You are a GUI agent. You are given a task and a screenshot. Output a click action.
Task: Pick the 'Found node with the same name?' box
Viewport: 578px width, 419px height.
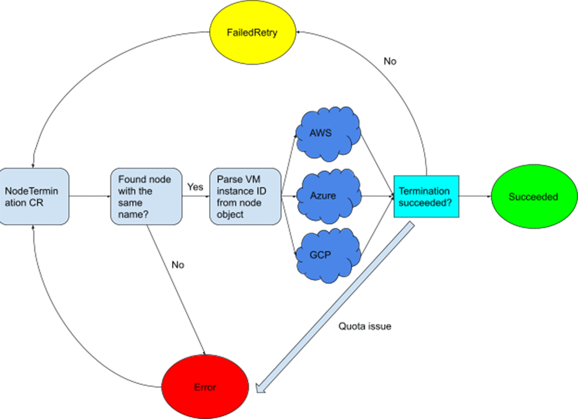pos(146,196)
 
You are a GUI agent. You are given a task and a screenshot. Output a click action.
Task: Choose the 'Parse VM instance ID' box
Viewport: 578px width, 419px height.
pos(245,196)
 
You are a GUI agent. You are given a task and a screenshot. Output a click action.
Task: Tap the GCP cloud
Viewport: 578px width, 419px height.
pos(328,255)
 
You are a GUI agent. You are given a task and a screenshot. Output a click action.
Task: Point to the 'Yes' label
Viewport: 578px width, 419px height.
pos(195,187)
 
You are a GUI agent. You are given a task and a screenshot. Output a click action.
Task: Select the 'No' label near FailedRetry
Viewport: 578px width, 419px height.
pos(390,62)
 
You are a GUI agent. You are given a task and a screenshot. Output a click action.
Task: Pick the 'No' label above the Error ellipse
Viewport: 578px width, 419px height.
pos(178,265)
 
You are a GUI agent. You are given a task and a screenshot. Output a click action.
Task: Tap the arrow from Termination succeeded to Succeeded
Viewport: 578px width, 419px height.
pos(474,197)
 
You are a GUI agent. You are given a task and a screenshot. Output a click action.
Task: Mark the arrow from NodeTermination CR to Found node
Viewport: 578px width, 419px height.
pos(89,196)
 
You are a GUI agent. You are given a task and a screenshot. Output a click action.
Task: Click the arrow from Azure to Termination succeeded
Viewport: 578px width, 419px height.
pos(376,197)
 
